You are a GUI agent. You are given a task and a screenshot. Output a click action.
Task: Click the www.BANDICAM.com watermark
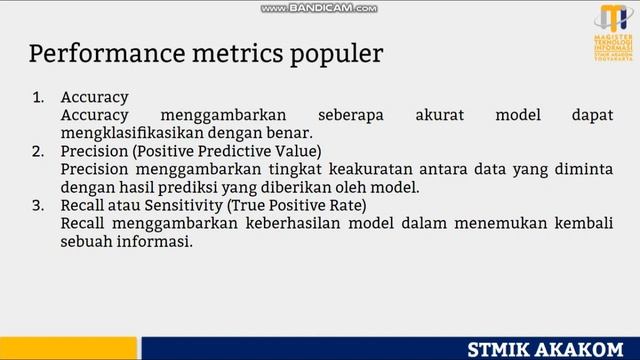319,8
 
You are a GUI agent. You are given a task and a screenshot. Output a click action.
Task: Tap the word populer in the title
335,53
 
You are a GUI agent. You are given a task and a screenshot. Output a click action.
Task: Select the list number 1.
40,98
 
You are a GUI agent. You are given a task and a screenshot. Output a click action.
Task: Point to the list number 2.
40,152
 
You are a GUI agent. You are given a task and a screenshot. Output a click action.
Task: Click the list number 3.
40,206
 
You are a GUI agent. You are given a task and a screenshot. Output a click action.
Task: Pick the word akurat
440,116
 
